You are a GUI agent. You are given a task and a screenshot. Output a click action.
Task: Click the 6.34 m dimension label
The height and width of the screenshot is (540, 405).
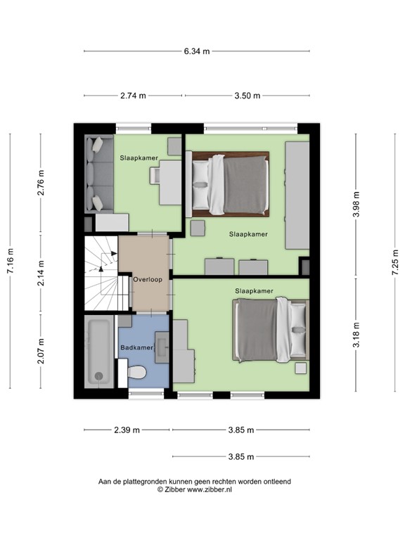(196, 51)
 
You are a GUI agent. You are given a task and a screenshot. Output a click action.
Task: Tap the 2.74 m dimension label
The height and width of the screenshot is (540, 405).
(133, 96)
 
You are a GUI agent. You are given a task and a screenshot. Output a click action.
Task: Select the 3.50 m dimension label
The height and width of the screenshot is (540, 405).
(247, 96)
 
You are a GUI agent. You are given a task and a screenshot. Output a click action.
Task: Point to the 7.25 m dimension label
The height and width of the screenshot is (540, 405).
(395, 263)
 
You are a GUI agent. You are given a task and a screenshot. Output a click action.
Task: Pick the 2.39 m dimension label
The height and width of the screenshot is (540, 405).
(127, 430)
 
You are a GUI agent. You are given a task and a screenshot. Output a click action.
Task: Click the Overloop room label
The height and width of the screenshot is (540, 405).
(148, 279)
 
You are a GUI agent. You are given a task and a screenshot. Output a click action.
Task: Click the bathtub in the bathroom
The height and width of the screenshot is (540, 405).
(98, 351)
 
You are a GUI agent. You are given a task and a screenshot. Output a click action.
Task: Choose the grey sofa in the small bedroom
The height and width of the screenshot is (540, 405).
(95, 174)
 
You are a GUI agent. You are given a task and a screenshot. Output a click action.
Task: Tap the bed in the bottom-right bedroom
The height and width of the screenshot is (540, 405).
(271, 330)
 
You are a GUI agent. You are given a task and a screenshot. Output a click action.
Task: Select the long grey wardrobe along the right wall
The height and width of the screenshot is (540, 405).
(297, 194)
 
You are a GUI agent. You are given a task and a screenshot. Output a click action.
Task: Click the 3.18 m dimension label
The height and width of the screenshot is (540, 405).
(356, 335)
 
